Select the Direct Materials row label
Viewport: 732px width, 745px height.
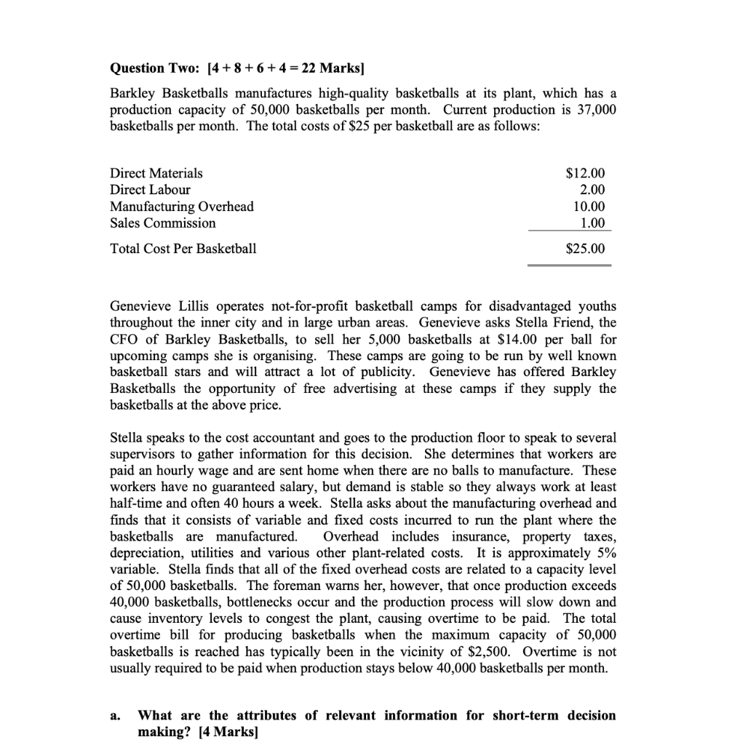tap(156, 173)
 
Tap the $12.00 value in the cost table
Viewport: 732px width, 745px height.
tap(584, 173)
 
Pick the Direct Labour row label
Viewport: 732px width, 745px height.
tap(150, 190)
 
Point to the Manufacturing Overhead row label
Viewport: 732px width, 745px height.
tap(181, 207)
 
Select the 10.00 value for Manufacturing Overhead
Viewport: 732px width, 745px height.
tap(589, 207)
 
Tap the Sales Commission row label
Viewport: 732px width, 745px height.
tap(162, 223)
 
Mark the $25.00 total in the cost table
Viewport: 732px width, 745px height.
tap(584, 249)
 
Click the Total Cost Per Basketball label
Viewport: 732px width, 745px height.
tap(183, 249)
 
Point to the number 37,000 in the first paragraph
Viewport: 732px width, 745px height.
tap(596, 110)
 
